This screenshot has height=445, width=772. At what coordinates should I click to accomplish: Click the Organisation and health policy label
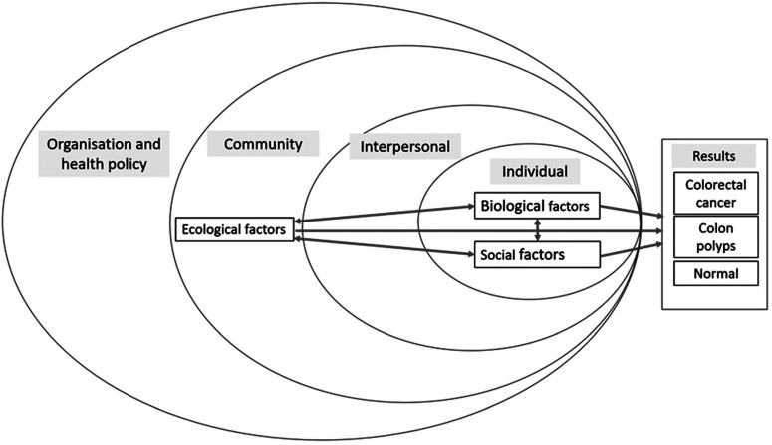click(x=103, y=154)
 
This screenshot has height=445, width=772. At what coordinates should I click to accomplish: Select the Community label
click(x=262, y=144)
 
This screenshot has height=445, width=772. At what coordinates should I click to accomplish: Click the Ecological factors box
click(x=234, y=230)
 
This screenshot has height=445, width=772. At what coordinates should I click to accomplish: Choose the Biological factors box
click(x=538, y=207)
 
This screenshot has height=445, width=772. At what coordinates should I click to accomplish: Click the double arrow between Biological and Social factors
click(x=538, y=230)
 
